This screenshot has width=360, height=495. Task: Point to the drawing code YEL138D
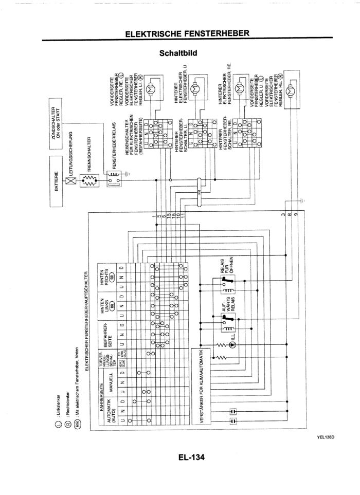[326, 437]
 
